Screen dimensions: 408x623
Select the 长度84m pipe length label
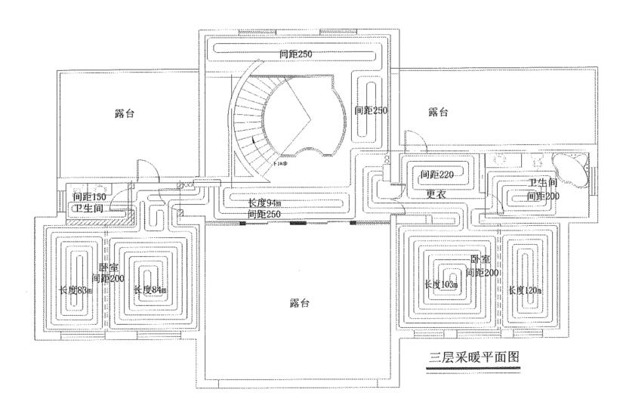[x=150, y=290]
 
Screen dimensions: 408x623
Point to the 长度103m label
[x=442, y=284]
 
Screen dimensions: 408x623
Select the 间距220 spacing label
[x=436, y=175]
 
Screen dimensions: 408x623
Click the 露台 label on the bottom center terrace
[x=301, y=303]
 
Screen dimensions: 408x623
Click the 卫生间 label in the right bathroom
[x=542, y=184]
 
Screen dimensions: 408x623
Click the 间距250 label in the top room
[x=295, y=54]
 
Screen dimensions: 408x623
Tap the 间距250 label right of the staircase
[x=371, y=110]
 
